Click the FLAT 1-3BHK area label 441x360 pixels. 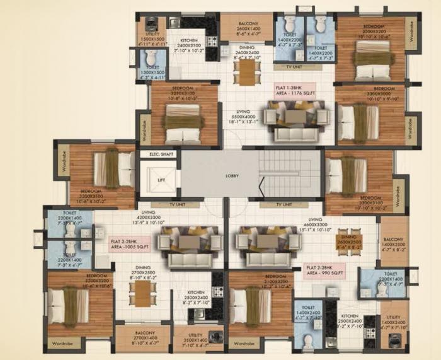coord(294,89)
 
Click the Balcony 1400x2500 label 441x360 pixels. coord(394,243)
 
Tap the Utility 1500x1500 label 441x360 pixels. coord(152,38)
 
